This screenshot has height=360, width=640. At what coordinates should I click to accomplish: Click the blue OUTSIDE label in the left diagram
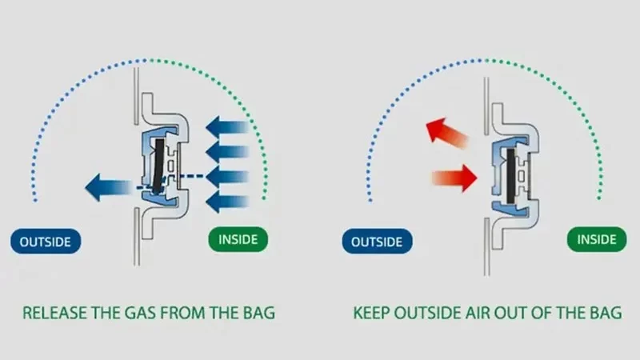point(46,240)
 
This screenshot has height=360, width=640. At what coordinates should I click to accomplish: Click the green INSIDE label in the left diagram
point(238,238)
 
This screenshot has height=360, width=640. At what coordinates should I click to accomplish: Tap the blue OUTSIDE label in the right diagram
point(376,239)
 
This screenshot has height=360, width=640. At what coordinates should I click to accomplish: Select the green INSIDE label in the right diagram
point(597,239)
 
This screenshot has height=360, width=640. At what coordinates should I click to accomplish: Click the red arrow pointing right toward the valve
point(454,177)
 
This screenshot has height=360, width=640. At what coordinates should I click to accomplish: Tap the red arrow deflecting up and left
point(446,133)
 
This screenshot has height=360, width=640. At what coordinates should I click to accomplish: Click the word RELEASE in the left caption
point(54,312)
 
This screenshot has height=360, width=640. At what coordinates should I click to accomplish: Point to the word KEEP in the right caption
point(373,312)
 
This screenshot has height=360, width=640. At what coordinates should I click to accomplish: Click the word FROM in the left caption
point(178,312)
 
